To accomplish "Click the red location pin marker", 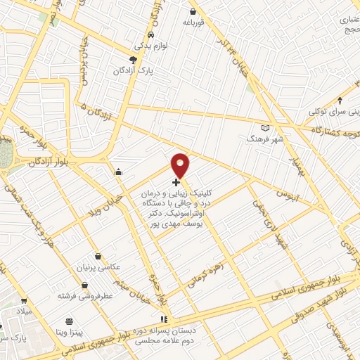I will pyautogui.click(x=181, y=165).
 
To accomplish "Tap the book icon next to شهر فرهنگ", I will pyautogui.click(x=265, y=128).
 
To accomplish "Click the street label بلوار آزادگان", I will pyautogui.click(x=49, y=162).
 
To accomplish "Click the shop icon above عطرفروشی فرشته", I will pyautogui.click(x=85, y=285).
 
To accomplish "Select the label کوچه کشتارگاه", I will pyautogui.click(x=328, y=130).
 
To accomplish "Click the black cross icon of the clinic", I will pyautogui.click(x=176, y=182).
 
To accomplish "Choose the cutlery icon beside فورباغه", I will pyautogui.click(x=193, y=11).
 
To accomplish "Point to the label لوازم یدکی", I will pyautogui.click(x=150, y=46).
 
